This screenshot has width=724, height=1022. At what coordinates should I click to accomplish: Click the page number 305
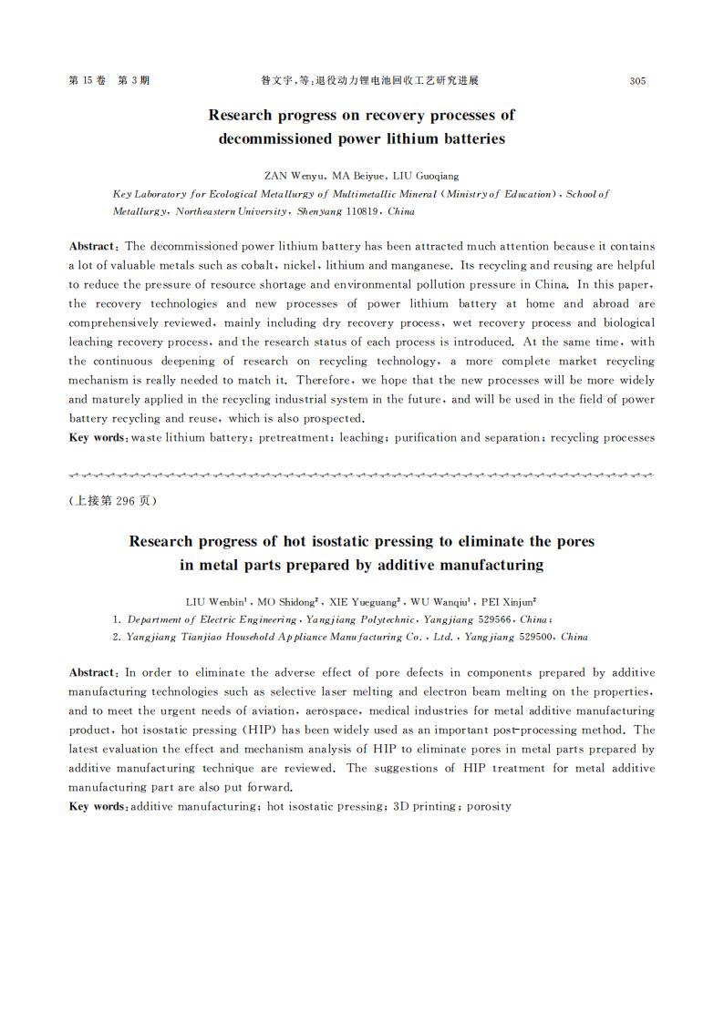tap(637, 81)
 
